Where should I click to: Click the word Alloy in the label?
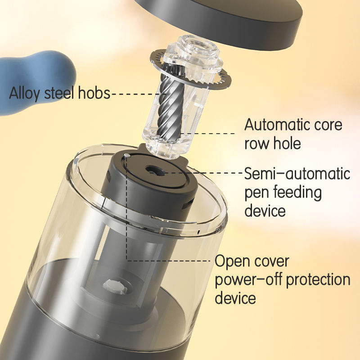24,93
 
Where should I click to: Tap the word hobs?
94,93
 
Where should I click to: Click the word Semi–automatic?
297,173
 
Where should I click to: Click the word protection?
319,280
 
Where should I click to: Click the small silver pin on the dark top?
127,156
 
